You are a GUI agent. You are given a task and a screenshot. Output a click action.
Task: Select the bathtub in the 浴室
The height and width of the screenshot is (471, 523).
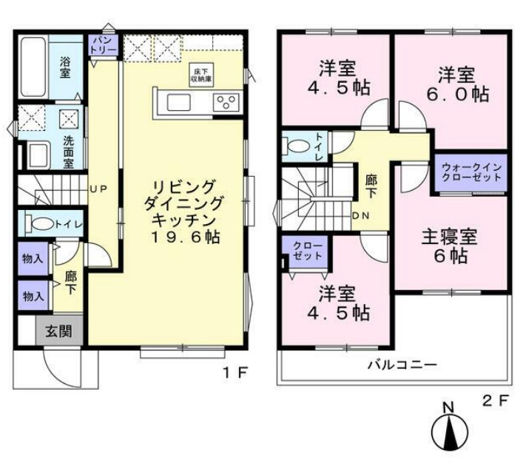click(34, 67)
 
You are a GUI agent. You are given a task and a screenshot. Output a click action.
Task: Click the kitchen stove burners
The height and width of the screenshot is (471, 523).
click(226, 102)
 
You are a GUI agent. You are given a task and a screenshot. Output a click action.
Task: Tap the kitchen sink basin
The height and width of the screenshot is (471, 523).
click(180, 102)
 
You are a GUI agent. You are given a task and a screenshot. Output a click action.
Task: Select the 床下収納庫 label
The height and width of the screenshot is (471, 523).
click(201, 72)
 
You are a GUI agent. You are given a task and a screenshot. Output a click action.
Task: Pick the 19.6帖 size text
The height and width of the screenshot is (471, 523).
click(185, 237)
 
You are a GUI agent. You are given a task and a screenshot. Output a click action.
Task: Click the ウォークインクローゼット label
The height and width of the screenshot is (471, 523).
click(471, 173)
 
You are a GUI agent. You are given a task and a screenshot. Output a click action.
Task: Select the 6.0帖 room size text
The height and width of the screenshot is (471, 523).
click(460, 94)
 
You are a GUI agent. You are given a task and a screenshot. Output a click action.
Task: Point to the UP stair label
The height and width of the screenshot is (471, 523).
click(98, 189)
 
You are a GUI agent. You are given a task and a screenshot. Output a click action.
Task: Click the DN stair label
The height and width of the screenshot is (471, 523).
click(362, 215)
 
